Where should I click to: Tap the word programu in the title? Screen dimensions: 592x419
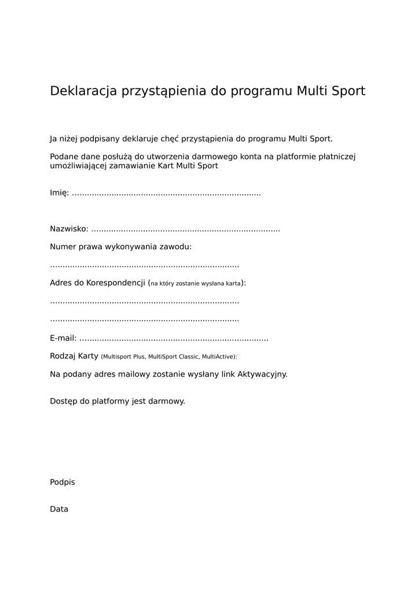262,91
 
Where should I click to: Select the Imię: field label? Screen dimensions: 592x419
60,193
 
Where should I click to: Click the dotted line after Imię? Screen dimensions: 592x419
167,194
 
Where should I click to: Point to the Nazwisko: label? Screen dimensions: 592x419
69,229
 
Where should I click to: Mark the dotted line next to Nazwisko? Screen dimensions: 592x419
186,230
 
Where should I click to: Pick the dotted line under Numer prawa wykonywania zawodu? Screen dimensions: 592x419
145,266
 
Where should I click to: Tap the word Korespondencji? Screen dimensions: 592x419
116,283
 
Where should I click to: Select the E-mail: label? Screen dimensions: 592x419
63,338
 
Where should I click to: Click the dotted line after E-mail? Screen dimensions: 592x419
174,339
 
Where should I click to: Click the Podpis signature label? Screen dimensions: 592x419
63,482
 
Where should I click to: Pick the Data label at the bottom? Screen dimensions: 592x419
59,509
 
